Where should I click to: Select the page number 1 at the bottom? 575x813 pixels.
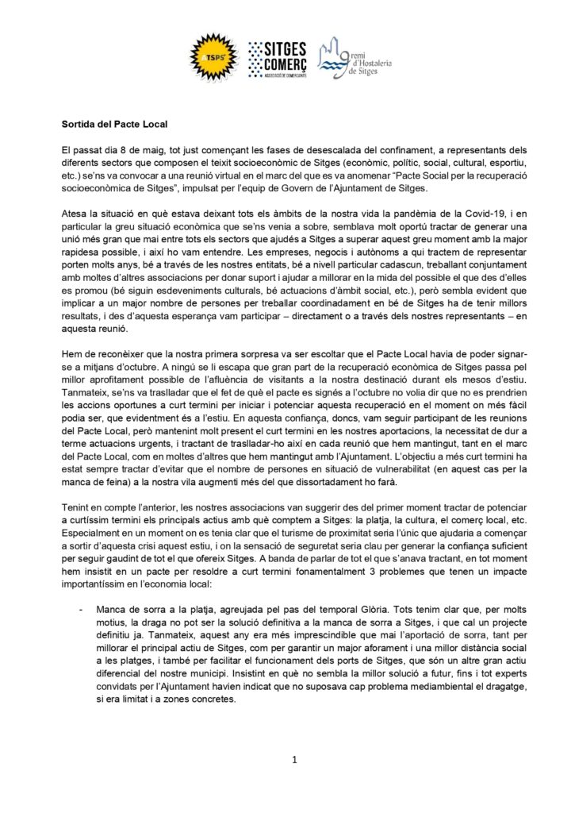point(294,760)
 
